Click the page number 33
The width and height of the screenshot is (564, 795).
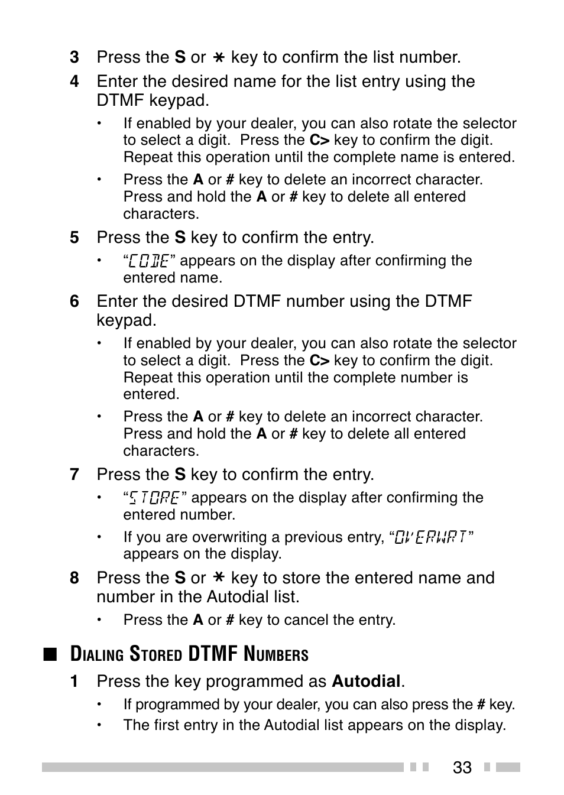[x=462, y=767]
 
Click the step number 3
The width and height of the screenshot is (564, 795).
[x=74, y=57]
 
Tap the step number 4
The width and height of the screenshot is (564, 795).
[x=74, y=82]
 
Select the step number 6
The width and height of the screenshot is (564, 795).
[x=74, y=301]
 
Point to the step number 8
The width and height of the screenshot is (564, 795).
[x=74, y=578]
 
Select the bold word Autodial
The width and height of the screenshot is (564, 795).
[x=366, y=682]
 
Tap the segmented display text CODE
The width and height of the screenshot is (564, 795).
[x=149, y=261]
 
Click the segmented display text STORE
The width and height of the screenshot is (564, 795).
[x=154, y=498]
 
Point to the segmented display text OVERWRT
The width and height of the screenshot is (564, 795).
[x=432, y=537]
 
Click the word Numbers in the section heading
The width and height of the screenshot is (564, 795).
[x=276, y=654]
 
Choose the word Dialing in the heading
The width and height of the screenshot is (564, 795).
[x=96, y=654]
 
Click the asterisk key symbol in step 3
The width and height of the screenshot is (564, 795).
[x=219, y=58]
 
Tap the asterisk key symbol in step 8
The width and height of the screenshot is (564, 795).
[x=219, y=578]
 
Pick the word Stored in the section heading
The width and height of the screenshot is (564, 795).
[x=155, y=654]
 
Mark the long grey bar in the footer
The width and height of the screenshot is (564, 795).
[x=222, y=767]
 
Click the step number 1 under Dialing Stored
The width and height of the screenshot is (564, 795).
[x=74, y=682]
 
